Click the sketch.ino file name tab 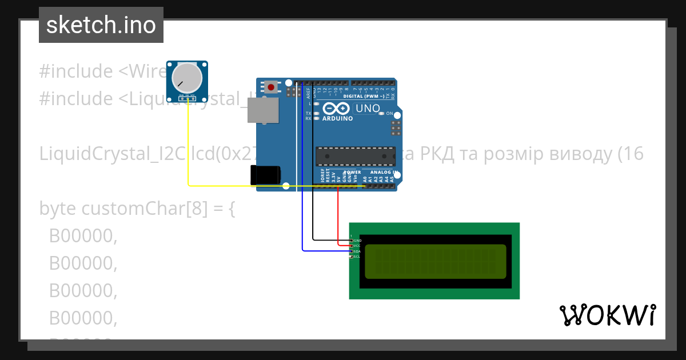click(x=101, y=25)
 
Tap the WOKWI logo click(x=607, y=315)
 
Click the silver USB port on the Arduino click(x=263, y=110)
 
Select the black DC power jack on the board click(x=266, y=175)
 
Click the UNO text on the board click(x=368, y=108)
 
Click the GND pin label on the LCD click(x=357, y=241)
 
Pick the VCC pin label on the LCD click(x=357, y=246)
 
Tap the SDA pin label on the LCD click(x=357, y=251)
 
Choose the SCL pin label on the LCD click(x=357, y=257)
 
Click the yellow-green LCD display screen click(x=435, y=261)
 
